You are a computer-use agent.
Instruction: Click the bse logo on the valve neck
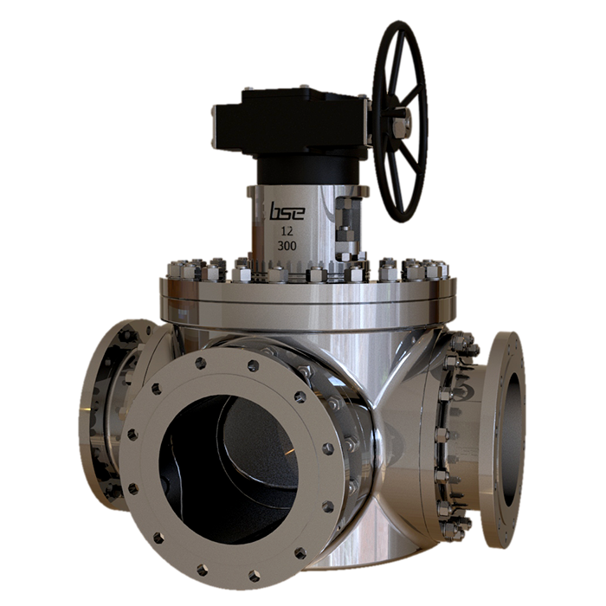[x=286, y=211]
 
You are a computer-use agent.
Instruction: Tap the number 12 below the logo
[x=286, y=231]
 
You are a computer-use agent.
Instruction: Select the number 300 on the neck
[x=286, y=247]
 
